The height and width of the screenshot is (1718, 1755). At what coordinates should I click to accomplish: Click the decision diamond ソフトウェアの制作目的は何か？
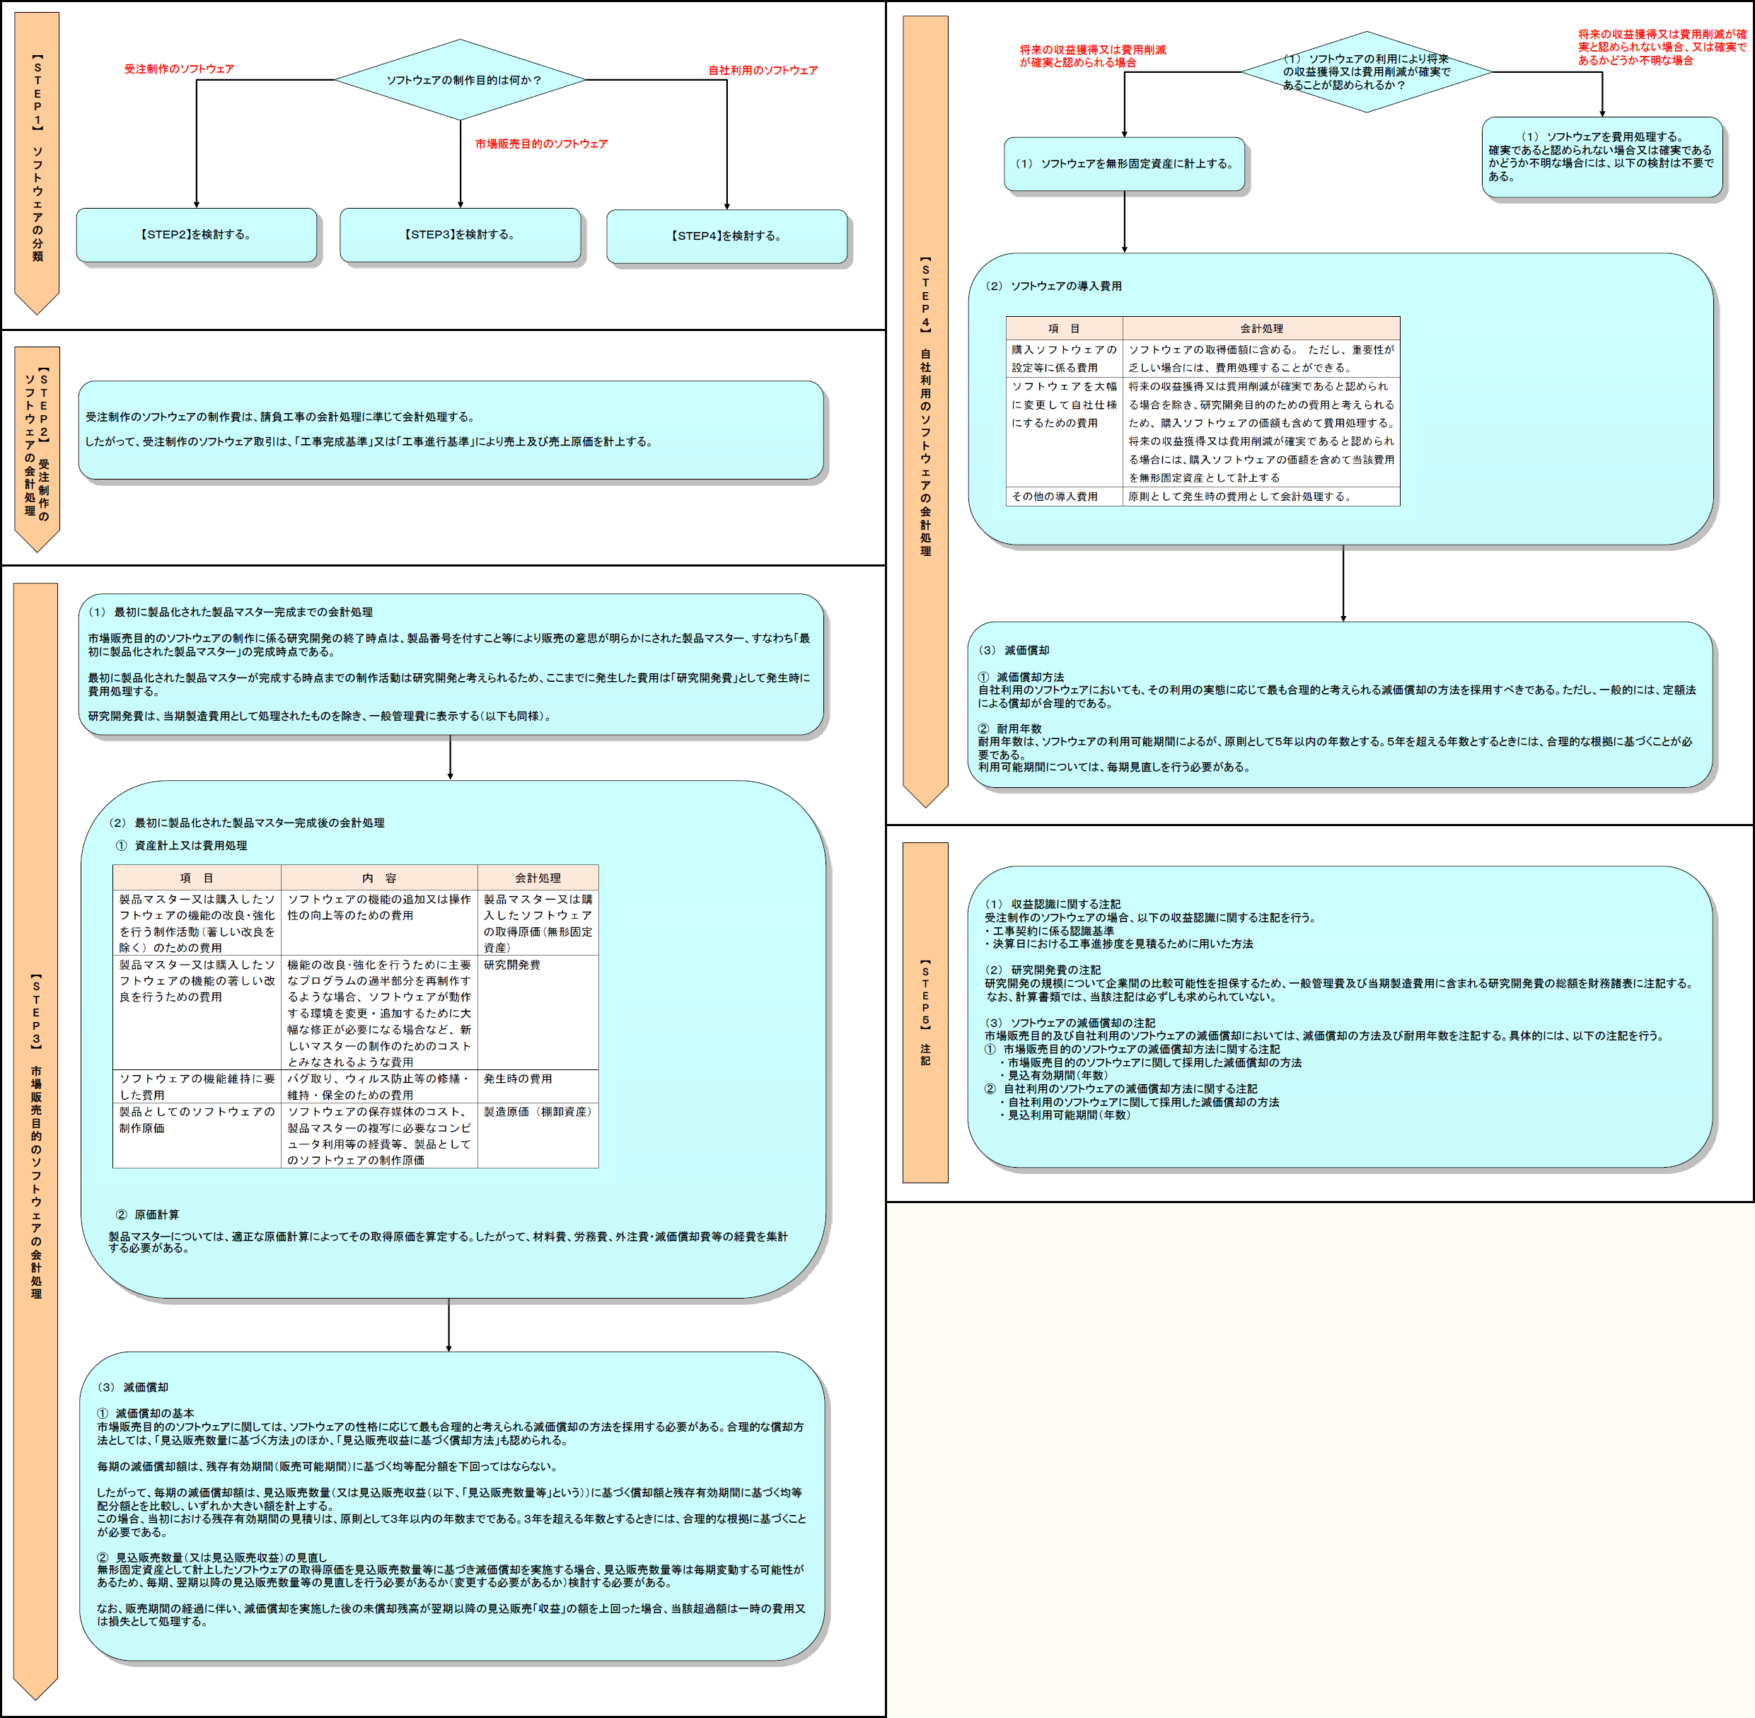point(461,79)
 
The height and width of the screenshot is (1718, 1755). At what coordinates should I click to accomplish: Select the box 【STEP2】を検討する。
point(197,235)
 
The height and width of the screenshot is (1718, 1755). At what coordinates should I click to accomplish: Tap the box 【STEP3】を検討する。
point(461,235)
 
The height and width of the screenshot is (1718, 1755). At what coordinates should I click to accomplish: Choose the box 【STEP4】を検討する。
point(726,236)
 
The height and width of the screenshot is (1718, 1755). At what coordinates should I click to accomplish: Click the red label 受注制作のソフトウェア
point(179,69)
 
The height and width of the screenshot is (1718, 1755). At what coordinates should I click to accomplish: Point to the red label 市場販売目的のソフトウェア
point(541,144)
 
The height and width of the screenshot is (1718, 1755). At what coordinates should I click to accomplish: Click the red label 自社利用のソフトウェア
point(763,69)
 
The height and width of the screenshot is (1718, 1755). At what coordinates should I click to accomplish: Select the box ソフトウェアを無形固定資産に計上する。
point(1124,163)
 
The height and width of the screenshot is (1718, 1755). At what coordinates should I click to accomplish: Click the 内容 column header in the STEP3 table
point(379,878)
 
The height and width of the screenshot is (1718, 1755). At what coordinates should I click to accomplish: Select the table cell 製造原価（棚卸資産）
point(539,1112)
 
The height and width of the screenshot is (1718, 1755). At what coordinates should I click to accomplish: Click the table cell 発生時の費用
point(517,1079)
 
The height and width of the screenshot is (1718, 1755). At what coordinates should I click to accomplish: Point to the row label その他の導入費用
point(1055,497)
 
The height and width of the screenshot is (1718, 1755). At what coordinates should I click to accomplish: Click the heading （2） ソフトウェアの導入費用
point(1053,286)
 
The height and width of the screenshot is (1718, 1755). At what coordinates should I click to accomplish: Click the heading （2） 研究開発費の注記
point(1042,970)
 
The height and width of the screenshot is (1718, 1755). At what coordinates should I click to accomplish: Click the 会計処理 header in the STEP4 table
point(1261,328)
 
